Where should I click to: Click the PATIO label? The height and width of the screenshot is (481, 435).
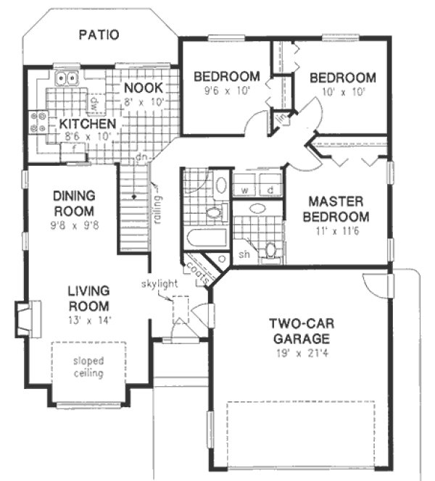click(99, 34)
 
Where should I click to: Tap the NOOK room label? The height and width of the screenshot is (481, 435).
click(142, 88)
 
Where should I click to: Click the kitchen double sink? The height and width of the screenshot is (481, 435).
click(66, 78)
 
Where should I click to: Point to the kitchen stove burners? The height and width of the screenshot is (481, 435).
click(38, 122)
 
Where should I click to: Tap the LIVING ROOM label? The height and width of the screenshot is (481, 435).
click(88, 298)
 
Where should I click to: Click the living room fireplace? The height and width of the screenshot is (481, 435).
click(24, 319)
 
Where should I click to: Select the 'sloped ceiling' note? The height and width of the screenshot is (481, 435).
click(88, 367)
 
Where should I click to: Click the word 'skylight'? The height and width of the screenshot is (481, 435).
click(159, 283)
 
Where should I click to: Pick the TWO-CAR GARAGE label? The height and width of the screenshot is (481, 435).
click(302, 330)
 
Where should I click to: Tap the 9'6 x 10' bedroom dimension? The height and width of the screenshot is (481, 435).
click(225, 92)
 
